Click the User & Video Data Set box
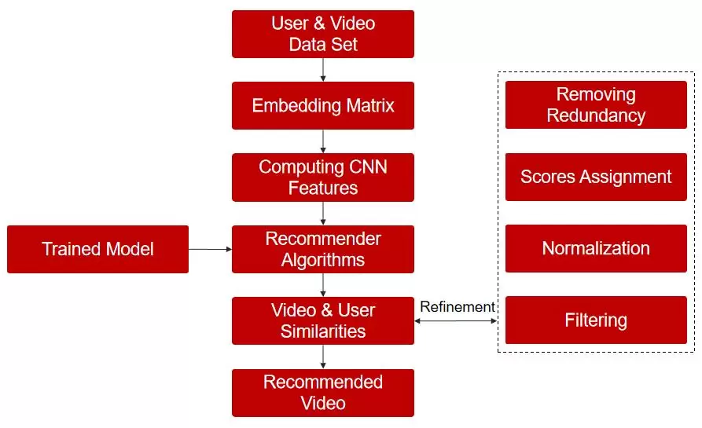322,34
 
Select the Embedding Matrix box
322,105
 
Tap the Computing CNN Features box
322,177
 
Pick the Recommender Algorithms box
322,249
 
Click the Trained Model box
97,249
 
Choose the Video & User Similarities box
322,320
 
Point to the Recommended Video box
322,393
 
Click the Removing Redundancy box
596,105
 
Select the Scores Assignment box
596,177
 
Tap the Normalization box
596,248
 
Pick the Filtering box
596,320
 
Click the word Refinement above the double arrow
458,307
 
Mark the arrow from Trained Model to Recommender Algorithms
210,249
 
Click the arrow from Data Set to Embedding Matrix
323,69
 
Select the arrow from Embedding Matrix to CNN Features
323,141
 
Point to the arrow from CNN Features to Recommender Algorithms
323,213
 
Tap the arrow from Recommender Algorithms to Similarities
323,284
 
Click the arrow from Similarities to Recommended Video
323,357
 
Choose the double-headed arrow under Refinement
456,320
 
